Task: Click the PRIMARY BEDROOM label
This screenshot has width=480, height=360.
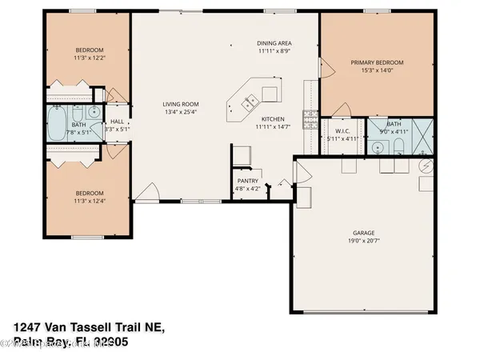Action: click(376, 62)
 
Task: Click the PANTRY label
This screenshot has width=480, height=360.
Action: click(246, 182)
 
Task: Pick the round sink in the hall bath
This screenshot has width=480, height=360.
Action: click(94, 112)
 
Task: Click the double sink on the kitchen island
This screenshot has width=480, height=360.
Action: click(249, 101)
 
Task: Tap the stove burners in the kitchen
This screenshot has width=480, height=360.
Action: click(309, 120)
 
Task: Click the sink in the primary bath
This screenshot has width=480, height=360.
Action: click(377, 146)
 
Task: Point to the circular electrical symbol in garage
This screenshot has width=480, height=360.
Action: click(426, 166)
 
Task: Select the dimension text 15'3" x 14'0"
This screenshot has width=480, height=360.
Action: click(376, 70)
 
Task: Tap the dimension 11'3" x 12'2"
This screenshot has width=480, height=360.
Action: click(89, 58)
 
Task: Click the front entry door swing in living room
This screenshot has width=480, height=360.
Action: click(146, 192)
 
